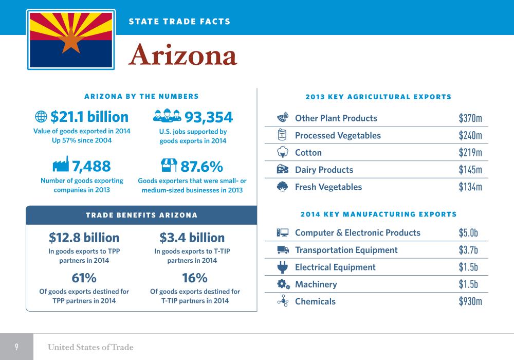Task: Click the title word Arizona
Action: click(x=182, y=56)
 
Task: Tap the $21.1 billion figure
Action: click(x=89, y=117)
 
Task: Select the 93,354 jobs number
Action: click(x=208, y=117)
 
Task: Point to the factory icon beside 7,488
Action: click(x=60, y=165)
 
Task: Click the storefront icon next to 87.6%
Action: click(x=169, y=165)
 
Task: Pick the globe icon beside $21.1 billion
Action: click(x=41, y=117)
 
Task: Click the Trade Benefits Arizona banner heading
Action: click(x=141, y=215)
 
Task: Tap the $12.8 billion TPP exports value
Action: click(x=84, y=238)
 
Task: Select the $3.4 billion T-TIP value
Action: click(x=192, y=238)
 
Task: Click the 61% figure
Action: click(x=84, y=278)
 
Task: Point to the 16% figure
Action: click(x=195, y=278)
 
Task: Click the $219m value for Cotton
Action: click(x=470, y=153)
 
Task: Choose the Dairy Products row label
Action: click(x=324, y=170)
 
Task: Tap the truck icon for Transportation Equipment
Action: click(x=283, y=250)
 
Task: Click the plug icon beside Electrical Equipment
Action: click(x=282, y=267)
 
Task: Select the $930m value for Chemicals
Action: click(x=470, y=301)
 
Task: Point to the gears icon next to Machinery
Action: click(x=283, y=284)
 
